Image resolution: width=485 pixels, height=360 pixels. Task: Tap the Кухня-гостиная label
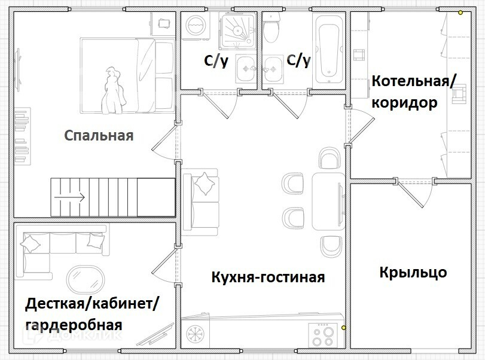click(x=268, y=277)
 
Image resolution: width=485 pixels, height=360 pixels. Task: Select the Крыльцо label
click(x=413, y=273)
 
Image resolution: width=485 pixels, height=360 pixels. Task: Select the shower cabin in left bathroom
click(x=238, y=32)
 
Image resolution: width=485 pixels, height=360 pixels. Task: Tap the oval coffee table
click(x=85, y=279)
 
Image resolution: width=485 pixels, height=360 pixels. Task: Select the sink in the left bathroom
click(x=245, y=68)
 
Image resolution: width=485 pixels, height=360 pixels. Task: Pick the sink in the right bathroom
click(x=273, y=68)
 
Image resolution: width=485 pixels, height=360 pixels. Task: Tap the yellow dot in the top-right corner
click(x=460, y=12)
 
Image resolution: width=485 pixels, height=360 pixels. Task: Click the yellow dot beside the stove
click(x=343, y=328)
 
